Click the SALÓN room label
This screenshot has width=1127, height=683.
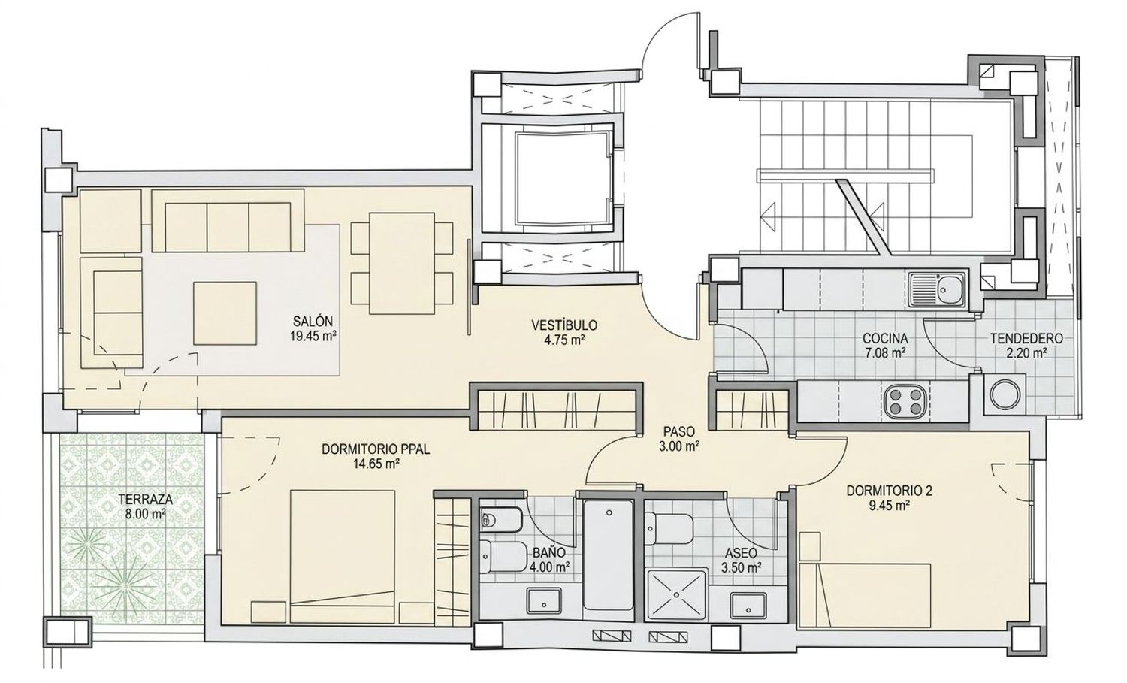tap(313, 321)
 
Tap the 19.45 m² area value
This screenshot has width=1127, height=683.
tap(313, 336)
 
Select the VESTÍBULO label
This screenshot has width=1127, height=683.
tap(564, 325)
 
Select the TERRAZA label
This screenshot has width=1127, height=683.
tap(146, 500)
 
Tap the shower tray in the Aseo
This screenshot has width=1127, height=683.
tap(677, 594)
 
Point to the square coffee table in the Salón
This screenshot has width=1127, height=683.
tap(225, 313)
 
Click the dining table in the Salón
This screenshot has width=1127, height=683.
tap(402, 263)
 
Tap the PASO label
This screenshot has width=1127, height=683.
tap(678, 431)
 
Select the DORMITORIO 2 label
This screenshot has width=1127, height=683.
tap(889, 490)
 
